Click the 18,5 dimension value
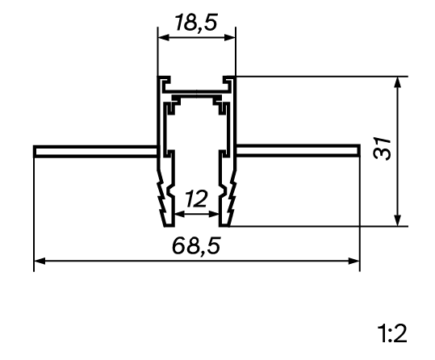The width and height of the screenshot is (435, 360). coord(196,23)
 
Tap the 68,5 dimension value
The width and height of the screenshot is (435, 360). coord(196,245)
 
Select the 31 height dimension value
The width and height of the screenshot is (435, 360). coord(382,149)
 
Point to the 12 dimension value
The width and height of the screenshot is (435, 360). coord(196,199)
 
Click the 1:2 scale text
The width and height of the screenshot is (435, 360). coord(392,333)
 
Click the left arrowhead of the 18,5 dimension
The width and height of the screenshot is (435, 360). coord(163,37)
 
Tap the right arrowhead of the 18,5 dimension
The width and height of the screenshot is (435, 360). coord(230,37)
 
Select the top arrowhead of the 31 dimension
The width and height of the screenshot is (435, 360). coord(398,82)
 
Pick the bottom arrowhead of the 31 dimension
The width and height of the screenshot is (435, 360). coord(398,220)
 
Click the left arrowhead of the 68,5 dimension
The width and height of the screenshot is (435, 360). coord(40,261)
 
